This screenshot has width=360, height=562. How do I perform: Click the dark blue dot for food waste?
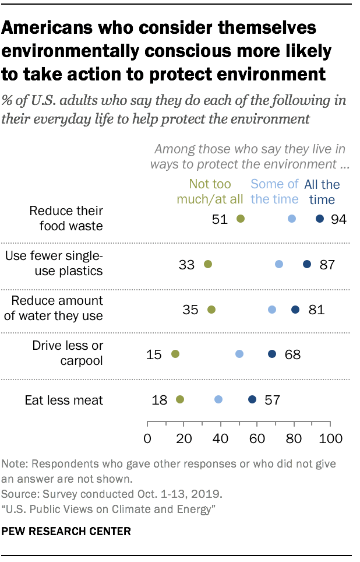[x=319, y=219]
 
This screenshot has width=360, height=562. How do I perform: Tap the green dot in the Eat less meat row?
[x=179, y=399]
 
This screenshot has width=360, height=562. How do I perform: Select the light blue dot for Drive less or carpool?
[x=239, y=354]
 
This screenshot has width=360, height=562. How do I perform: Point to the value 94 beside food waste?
[x=338, y=219]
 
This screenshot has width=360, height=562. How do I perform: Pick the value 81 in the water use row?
[x=316, y=310]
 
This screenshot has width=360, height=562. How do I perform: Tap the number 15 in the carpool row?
[x=154, y=354]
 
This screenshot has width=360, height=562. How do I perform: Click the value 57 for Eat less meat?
[x=273, y=400]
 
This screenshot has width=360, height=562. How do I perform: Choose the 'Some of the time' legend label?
[x=274, y=192]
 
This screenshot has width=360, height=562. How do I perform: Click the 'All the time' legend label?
[x=322, y=192]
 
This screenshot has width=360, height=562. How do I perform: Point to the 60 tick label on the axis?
[x=257, y=438]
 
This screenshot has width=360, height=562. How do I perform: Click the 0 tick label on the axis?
[x=147, y=438]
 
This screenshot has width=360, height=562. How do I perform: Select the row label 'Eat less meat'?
[x=63, y=400]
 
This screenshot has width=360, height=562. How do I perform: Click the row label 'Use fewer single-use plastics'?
[x=54, y=264]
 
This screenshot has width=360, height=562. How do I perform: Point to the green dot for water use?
[x=211, y=310]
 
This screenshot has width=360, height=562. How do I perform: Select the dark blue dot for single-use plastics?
[x=307, y=264]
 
